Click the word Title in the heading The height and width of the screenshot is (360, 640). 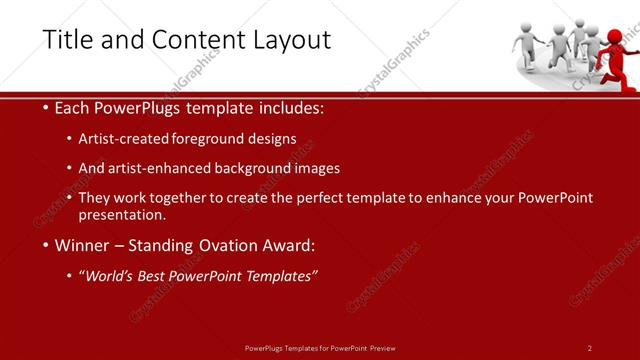point(66,39)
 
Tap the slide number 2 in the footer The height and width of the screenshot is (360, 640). point(590,347)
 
